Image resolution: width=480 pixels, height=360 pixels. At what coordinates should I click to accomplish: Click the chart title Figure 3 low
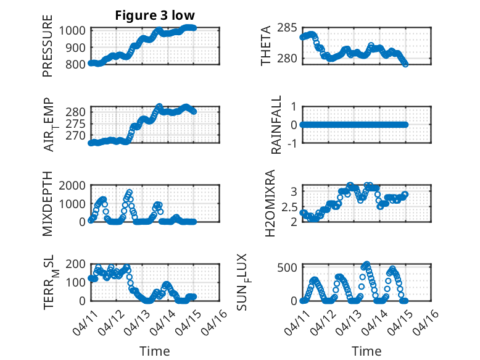pos(155,15)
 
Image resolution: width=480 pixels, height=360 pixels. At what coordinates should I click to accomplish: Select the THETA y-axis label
pos(265,46)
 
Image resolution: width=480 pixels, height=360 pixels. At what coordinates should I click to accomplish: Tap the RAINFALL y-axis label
pos(276,125)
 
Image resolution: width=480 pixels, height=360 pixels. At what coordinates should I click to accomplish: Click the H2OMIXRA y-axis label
pos(270,203)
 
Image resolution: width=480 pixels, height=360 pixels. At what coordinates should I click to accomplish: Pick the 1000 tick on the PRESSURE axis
pos(75,30)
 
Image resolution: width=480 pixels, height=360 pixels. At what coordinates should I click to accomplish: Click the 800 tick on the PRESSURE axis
pos(78,64)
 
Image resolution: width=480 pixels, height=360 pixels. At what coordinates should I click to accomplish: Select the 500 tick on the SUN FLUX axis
pos(289,267)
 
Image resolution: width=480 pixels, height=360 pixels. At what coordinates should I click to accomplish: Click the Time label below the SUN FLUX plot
pos(366,351)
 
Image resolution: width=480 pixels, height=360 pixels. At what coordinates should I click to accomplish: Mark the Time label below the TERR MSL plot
pos(155,351)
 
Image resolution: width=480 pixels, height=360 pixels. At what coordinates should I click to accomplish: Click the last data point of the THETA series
pos(405,64)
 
